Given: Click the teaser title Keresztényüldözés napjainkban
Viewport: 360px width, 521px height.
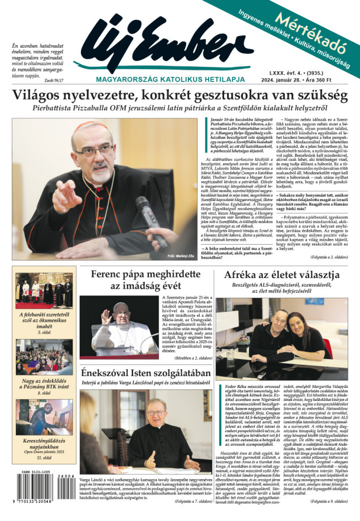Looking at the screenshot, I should (x=44, y=442).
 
